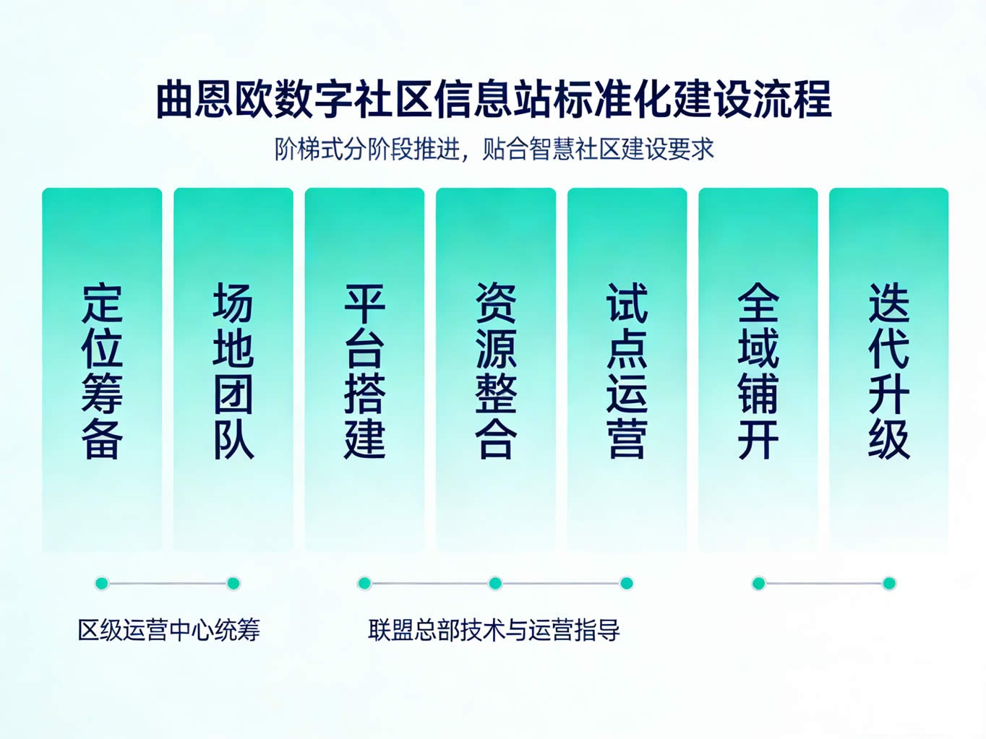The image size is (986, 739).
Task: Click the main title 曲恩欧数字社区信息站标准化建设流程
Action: click(x=494, y=100)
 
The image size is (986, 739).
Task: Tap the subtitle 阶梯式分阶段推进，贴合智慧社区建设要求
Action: click(x=494, y=149)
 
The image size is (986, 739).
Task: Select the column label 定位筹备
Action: click(x=102, y=371)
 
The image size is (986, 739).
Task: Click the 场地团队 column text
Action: click(x=233, y=371)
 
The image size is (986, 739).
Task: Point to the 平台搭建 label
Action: click(x=364, y=371)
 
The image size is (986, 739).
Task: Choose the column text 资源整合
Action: click(x=495, y=371)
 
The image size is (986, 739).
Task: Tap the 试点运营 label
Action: click(x=627, y=371)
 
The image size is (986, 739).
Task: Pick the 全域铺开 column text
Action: click(x=758, y=371)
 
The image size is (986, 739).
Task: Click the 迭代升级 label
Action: click(x=888, y=371)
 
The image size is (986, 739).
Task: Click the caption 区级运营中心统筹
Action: click(x=169, y=630)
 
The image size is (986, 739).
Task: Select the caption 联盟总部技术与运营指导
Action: click(x=494, y=630)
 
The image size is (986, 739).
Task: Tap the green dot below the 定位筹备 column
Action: click(x=102, y=583)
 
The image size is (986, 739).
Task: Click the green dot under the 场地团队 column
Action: click(x=233, y=583)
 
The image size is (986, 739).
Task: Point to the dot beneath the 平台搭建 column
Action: click(x=364, y=583)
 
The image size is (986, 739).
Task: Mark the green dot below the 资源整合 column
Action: click(x=495, y=583)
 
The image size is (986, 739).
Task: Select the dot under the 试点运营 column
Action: click(x=627, y=583)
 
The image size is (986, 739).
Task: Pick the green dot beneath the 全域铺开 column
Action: click(x=758, y=583)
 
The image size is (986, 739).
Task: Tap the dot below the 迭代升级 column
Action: click(x=889, y=583)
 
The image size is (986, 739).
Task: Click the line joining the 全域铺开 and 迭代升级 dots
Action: click(x=824, y=583)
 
